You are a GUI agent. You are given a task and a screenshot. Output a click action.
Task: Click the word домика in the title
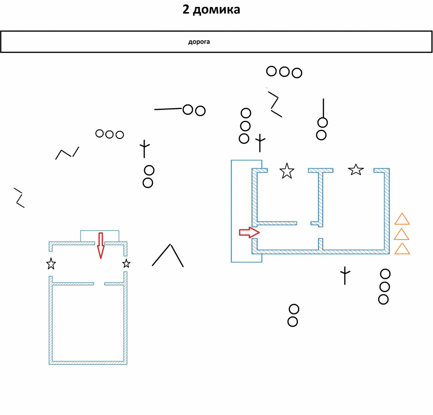pyautogui.click(x=216, y=10)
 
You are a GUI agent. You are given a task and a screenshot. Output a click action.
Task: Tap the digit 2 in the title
pyautogui.click(x=185, y=10)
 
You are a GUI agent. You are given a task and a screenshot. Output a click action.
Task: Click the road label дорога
pyautogui.click(x=199, y=42)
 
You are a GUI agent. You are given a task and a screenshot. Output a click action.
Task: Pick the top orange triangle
pyautogui.click(x=402, y=219)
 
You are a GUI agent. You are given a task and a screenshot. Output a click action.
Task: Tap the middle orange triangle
pyautogui.click(x=402, y=234)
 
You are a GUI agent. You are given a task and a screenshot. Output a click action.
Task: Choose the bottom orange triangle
pyautogui.click(x=402, y=249)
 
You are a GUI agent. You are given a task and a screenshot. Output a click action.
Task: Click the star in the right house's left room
pyautogui.click(x=287, y=171)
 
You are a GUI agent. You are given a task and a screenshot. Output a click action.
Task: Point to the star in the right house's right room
pyautogui.click(x=356, y=170)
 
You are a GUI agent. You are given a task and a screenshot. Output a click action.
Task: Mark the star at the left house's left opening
pyautogui.click(x=51, y=264)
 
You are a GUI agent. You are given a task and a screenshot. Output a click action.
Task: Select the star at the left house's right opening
pyautogui.click(x=126, y=264)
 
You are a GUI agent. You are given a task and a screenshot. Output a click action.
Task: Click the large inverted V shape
pyautogui.click(x=168, y=256)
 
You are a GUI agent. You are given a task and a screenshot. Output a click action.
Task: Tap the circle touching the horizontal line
pyautogui.click(x=187, y=109)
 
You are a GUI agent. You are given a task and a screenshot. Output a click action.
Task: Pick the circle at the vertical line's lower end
pyautogui.click(x=322, y=122)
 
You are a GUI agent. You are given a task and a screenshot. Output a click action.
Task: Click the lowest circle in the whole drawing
pyautogui.click(x=293, y=322)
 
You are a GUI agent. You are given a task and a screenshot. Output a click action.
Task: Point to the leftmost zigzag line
pyautogui.click(x=19, y=197)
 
